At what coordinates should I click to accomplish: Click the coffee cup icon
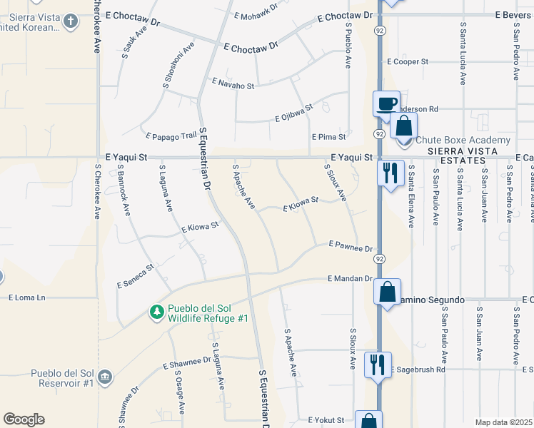[386, 103]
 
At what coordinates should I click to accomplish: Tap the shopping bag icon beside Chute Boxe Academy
[403, 126]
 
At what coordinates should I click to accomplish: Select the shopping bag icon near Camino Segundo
[387, 293]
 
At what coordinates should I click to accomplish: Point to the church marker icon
[70, 21]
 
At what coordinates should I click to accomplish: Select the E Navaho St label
[233, 85]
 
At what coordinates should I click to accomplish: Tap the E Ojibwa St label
[294, 113]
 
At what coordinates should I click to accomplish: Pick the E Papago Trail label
[170, 136]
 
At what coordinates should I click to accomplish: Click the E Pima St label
[328, 136]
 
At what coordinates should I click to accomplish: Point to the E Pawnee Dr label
[351, 246]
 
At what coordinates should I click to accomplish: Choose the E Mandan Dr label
[351, 278]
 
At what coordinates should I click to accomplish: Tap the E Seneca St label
[136, 277]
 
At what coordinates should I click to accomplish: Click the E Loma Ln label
[26, 297]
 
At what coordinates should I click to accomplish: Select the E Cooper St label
[407, 62]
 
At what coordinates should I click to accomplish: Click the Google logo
[24, 419]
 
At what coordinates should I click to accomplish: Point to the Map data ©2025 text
[503, 422]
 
